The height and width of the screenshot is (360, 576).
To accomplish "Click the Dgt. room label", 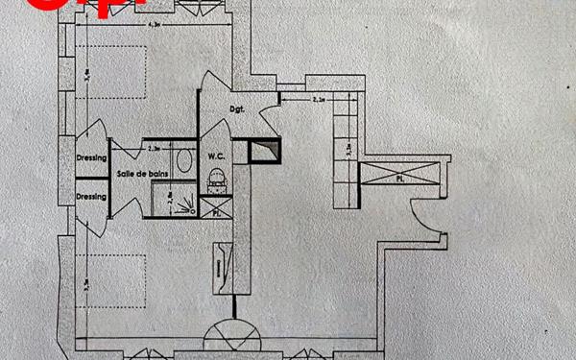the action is [x=238, y=109].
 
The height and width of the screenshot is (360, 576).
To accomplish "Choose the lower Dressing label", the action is [x=90, y=196].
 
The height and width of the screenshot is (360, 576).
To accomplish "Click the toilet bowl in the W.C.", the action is [x=218, y=178].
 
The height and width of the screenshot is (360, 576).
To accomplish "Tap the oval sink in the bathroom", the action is [x=181, y=159].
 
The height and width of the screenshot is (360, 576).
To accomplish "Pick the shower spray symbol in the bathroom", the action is [x=193, y=204].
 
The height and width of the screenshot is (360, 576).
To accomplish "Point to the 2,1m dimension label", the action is [x=321, y=98].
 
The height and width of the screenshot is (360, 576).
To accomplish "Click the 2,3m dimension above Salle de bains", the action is [x=153, y=149].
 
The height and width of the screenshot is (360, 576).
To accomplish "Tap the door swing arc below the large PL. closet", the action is [x=422, y=216].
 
